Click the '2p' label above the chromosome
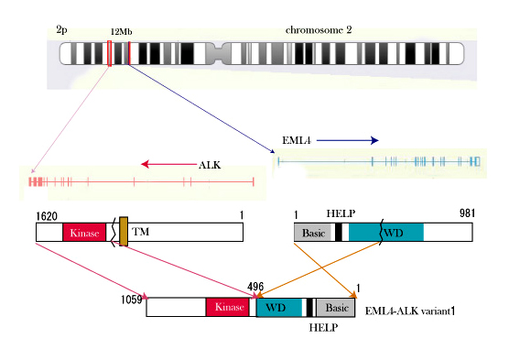[61, 30]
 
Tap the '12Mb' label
[122, 32]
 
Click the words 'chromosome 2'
[319, 30]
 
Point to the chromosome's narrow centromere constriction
[214, 53]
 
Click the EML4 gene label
[297, 140]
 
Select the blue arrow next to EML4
[347, 140]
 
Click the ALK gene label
[210, 165]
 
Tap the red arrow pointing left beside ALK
[169, 164]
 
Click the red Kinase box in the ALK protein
[84, 233]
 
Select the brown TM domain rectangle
[124, 232]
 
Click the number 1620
[47, 216]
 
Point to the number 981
[467, 213]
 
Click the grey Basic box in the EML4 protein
[314, 233]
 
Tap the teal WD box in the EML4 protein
[386, 233]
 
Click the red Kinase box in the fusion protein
[228, 307]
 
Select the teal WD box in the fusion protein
[279, 308]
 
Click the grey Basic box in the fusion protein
[336, 308]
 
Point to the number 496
[255, 287]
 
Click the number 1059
[132, 300]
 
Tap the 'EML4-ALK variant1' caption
[410, 311]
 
